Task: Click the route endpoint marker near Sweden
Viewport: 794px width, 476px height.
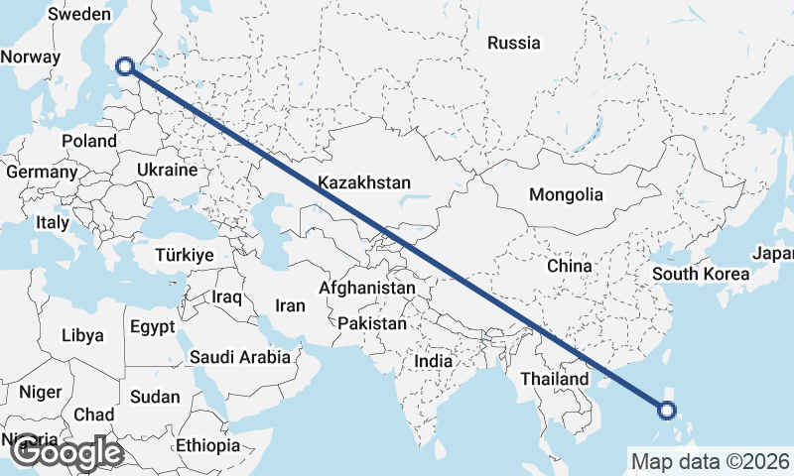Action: click(x=125, y=66)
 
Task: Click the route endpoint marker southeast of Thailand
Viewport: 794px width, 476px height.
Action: click(x=667, y=410)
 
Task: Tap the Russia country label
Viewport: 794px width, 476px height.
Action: click(x=514, y=43)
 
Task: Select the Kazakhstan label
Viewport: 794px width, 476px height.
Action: click(x=364, y=182)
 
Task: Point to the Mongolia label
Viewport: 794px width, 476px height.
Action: click(x=566, y=194)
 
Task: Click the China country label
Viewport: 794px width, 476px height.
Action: click(x=569, y=266)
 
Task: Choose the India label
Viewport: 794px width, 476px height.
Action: click(x=433, y=362)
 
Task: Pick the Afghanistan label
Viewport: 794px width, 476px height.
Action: click(x=367, y=288)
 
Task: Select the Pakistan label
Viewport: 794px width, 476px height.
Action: click(x=372, y=323)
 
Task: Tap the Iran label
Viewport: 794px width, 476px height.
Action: click(x=290, y=306)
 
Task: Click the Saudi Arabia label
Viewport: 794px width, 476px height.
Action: click(x=241, y=357)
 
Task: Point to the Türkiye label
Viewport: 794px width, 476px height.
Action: click(x=185, y=256)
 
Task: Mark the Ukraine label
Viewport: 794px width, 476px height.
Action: click(x=168, y=170)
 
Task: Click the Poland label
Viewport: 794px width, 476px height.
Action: click(x=88, y=141)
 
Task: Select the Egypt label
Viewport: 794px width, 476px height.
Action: click(x=152, y=326)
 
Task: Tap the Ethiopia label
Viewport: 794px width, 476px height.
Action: click(x=207, y=445)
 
